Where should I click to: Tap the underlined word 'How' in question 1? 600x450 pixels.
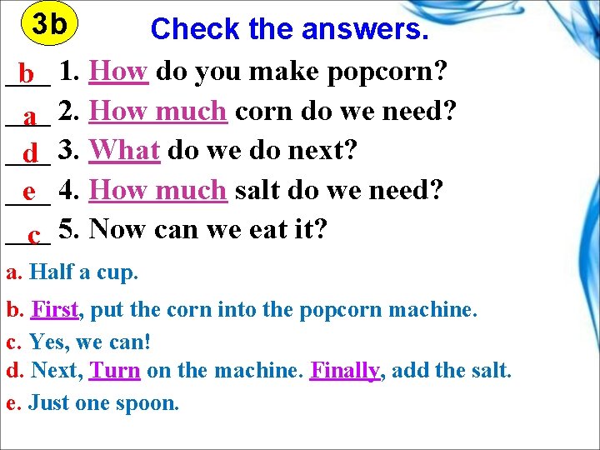coord(118,71)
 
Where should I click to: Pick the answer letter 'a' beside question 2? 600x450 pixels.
coord(29,117)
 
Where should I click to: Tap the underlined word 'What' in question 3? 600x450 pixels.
coord(124,150)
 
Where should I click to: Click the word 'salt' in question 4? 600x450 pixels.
coord(258,189)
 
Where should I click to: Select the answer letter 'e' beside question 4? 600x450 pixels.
coord(29,192)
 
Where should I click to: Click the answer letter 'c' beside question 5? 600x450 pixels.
coord(34,235)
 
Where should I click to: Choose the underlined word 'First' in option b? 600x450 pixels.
coord(55,310)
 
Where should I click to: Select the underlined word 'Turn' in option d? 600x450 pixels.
coord(114,371)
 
